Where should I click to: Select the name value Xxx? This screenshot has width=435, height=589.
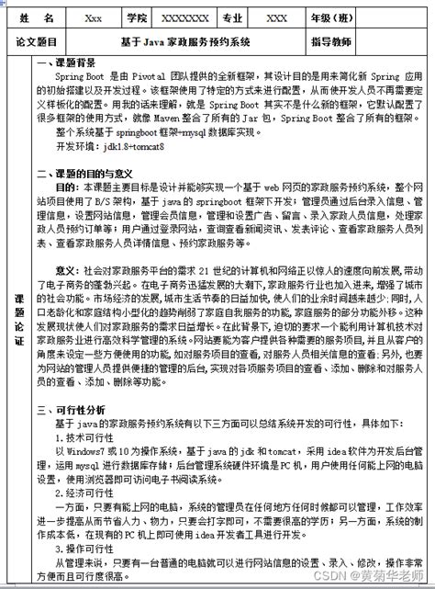click(x=94, y=17)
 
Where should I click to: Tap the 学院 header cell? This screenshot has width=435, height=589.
click(x=137, y=17)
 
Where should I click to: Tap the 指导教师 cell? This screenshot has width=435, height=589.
click(x=333, y=41)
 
